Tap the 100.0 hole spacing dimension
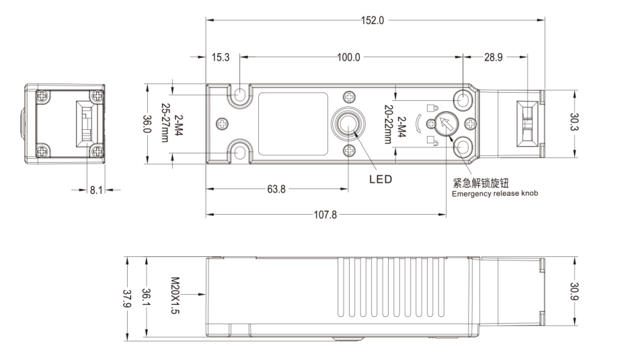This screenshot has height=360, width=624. pyautogui.click(x=348, y=58)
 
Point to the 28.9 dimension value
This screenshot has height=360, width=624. pyautogui.click(x=494, y=58)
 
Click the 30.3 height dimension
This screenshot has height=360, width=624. pyautogui.click(x=576, y=122)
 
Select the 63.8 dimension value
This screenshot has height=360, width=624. pyautogui.click(x=276, y=189)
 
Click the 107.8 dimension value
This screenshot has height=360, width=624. pyautogui.click(x=325, y=215)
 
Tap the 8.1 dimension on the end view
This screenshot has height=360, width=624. pyautogui.click(x=98, y=190)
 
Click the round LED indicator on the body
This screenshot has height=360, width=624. pyautogui.click(x=348, y=124)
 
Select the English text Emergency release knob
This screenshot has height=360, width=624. pyautogui.click(x=494, y=194)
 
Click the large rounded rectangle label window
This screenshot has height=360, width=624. pyautogui.click(x=288, y=124)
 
